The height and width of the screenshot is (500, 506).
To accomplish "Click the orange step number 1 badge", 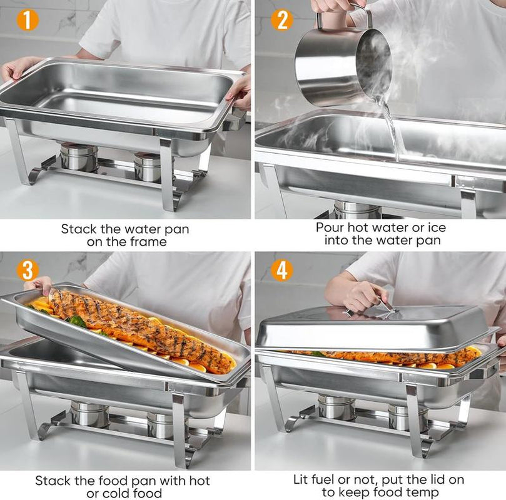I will [28, 20].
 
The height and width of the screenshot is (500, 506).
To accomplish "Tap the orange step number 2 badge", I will [281, 20].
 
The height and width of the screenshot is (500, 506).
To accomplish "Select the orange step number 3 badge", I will [28, 270].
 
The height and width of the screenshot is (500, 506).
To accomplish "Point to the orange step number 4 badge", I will [282, 270].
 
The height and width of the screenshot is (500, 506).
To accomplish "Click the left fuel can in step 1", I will [79, 157].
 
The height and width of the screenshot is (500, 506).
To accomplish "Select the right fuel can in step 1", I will [148, 167].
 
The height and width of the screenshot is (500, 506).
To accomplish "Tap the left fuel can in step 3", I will [89, 414].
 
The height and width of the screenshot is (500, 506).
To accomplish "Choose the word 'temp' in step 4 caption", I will [423, 494].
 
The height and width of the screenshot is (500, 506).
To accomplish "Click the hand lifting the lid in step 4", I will [360, 294].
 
